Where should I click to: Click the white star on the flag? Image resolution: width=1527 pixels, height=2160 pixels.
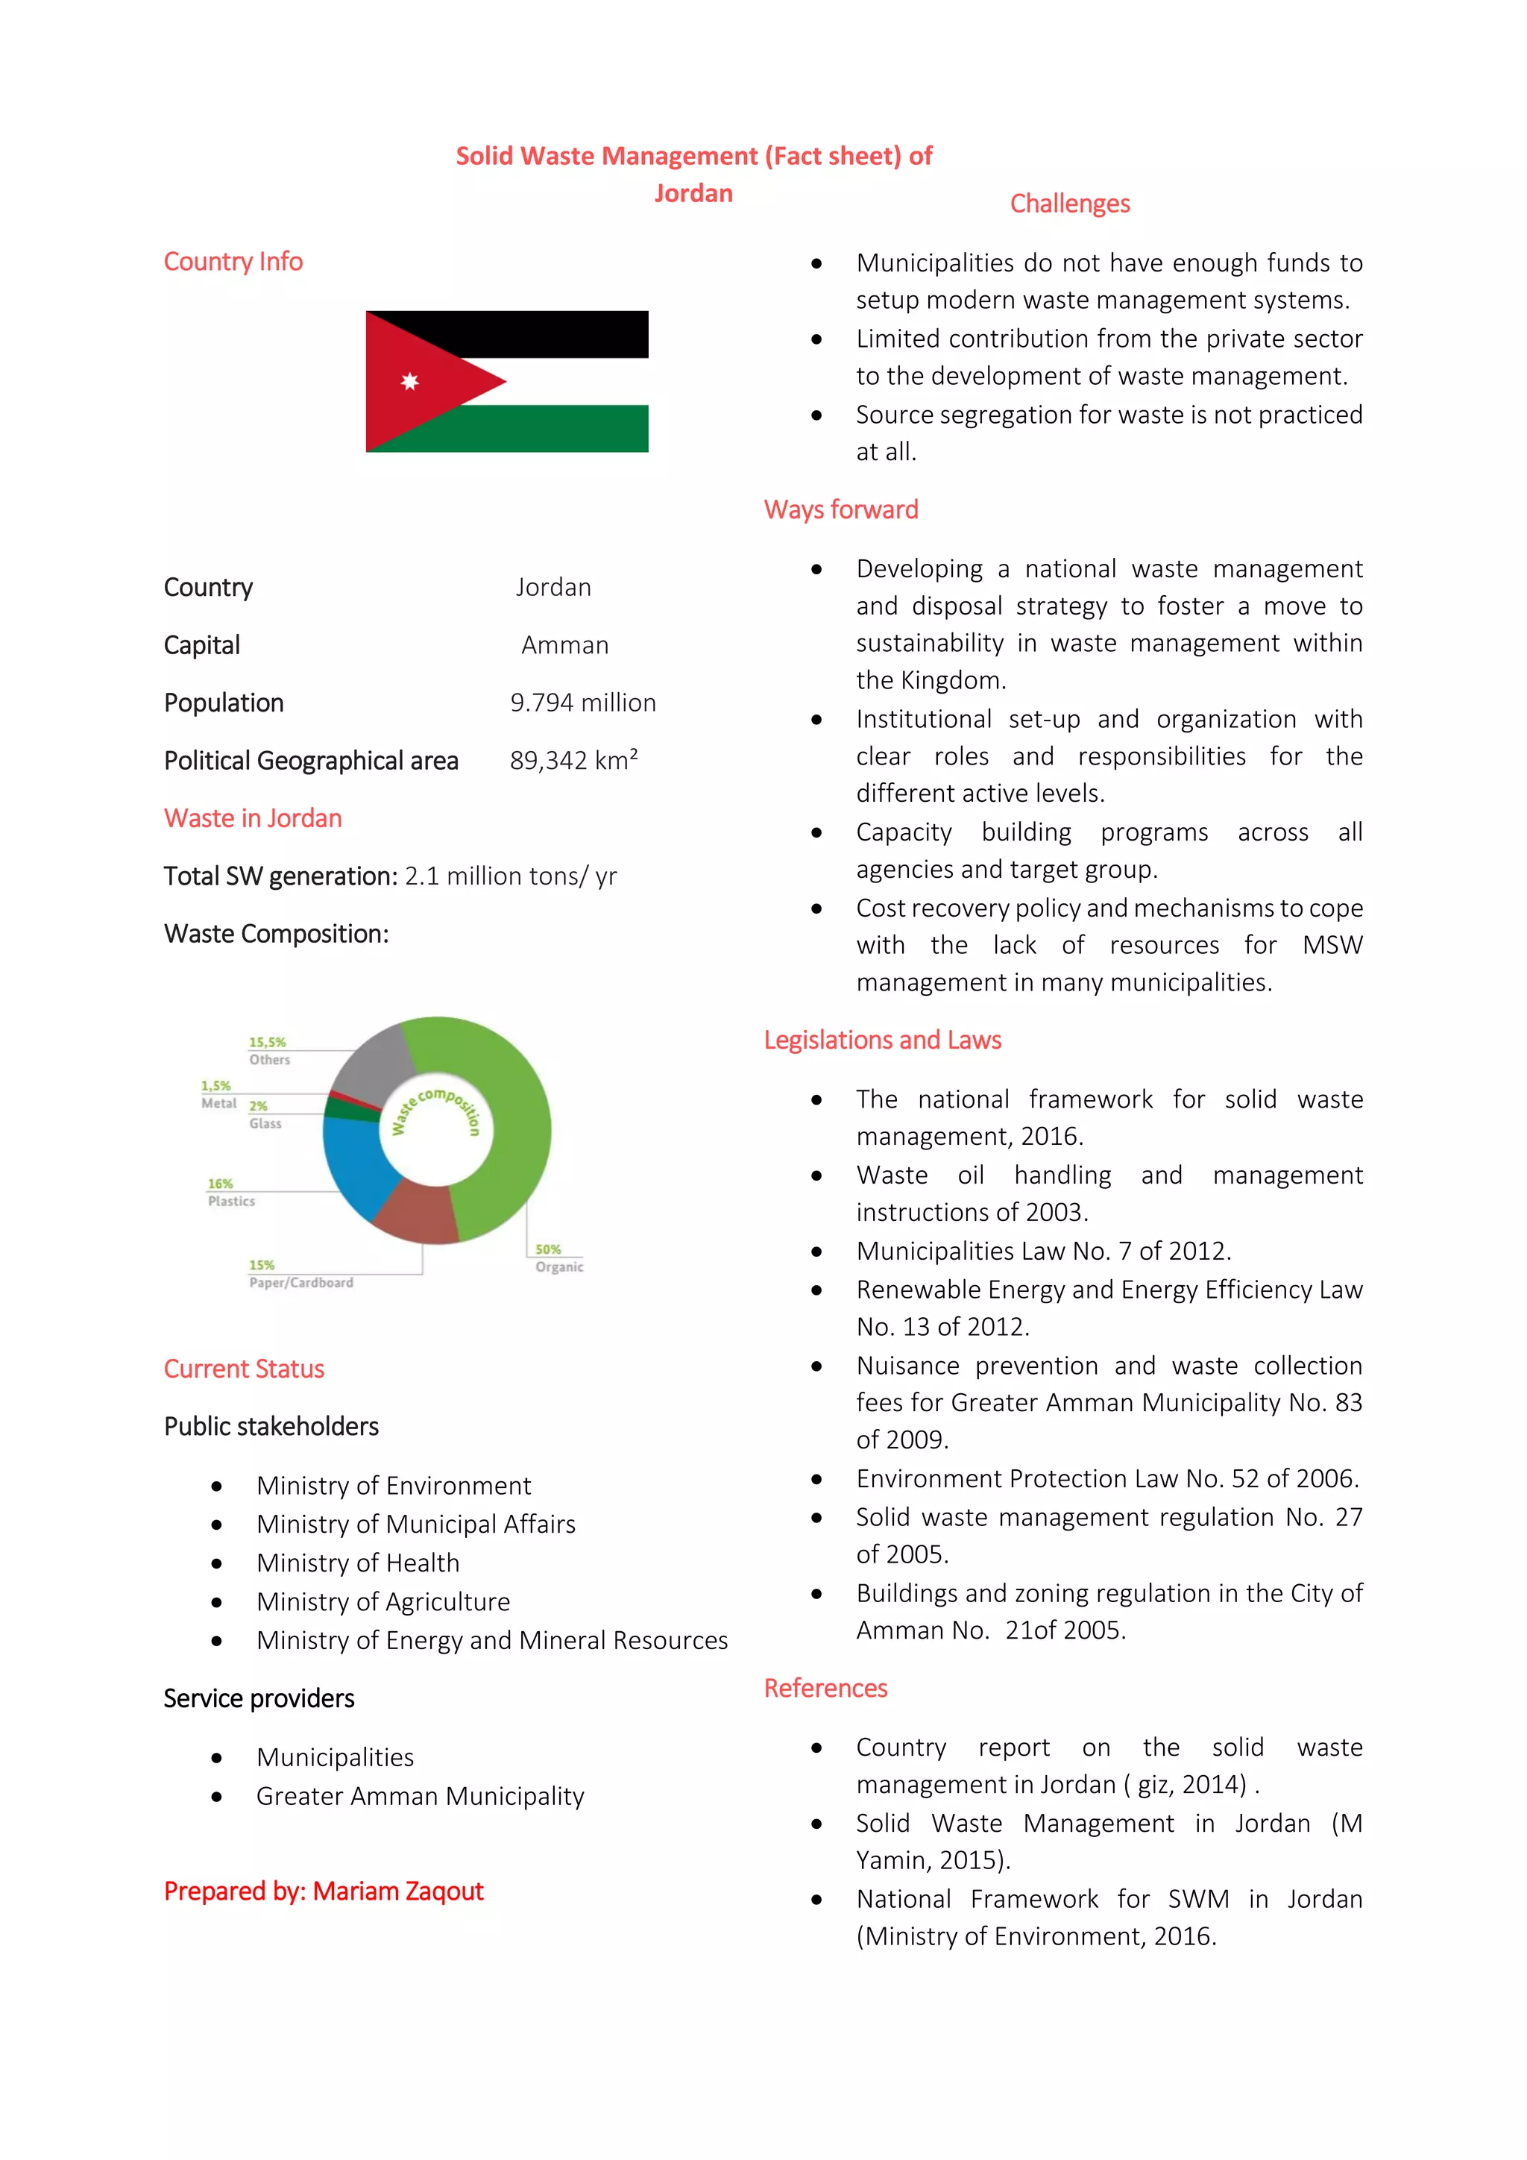pyautogui.click(x=409, y=381)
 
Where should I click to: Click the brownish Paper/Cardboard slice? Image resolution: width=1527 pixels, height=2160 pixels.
pyautogui.click(x=415, y=1214)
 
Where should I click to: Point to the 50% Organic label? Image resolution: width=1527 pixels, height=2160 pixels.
pyautogui.click(x=558, y=1258)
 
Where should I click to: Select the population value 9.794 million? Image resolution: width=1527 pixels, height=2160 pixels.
pyautogui.click(x=583, y=703)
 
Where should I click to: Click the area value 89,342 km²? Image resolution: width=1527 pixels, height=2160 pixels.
pyautogui.click(x=573, y=760)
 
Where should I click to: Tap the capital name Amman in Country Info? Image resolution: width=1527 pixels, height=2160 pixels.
pyautogui.click(x=565, y=645)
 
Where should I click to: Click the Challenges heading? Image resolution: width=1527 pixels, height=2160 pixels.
pyautogui.click(x=1069, y=203)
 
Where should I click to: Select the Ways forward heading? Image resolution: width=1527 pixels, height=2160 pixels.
pyautogui.click(x=840, y=510)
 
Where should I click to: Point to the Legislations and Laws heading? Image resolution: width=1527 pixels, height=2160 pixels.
pyautogui.click(x=882, y=1040)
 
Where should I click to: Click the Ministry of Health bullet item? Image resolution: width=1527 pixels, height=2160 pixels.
pyautogui.click(x=357, y=1563)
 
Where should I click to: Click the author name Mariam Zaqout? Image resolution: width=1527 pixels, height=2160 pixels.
pyautogui.click(x=397, y=1891)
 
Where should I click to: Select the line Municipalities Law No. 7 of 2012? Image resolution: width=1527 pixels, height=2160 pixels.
pyautogui.click(x=1043, y=1252)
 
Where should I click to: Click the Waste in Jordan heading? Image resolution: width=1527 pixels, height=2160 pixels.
pyautogui.click(x=253, y=818)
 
